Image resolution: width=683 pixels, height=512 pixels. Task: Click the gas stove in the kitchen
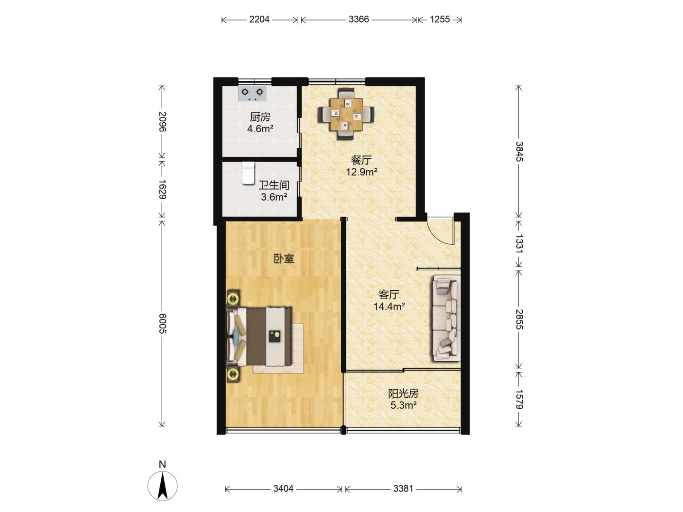(x=252, y=93)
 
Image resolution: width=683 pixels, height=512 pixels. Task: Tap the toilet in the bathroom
(x=248, y=173)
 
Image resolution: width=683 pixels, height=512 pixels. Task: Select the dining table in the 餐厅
(x=346, y=114)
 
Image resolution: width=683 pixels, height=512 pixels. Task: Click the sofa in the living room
(x=446, y=318)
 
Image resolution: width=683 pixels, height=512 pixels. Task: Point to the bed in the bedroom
(x=259, y=337)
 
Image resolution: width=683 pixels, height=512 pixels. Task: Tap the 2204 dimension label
(x=259, y=19)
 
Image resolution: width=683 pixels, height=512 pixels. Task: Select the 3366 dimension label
(x=359, y=19)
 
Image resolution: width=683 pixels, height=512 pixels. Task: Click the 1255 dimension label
(x=439, y=19)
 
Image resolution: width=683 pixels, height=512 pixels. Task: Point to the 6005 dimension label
(x=162, y=324)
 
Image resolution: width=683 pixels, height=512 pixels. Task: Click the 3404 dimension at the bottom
(x=283, y=489)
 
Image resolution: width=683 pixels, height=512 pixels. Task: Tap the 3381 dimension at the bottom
(x=403, y=489)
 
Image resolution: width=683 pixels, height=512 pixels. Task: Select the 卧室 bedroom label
(x=284, y=259)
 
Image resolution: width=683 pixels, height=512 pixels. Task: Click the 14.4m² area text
(x=389, y=307)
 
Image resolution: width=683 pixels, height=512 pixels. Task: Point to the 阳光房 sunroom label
(x=403, y=394)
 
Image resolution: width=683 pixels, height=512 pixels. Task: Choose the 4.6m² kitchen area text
(x=260, y=128)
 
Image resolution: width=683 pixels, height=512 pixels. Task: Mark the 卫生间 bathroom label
(x=274, y=185)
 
